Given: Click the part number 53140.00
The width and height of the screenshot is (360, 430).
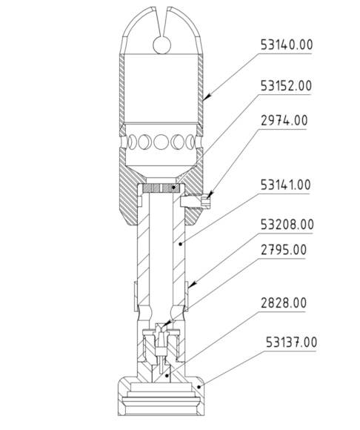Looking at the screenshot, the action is tap(287, 44).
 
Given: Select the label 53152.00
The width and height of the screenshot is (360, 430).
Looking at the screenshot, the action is tap(286, 86).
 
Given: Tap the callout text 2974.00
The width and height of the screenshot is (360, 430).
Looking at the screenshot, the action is tap(284, 120).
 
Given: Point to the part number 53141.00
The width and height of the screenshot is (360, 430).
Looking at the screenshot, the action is tap(285, 185).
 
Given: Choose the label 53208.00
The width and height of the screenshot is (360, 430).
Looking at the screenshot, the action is tap(287, 225).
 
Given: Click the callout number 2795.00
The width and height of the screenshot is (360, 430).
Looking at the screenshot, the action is tap(284, 250).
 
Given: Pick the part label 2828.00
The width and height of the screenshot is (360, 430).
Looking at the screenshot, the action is tap(284, 303).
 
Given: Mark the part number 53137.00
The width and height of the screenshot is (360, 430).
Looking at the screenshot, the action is tap(292, 343).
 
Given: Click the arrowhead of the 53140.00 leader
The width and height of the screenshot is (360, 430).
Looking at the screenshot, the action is tap(207, 97).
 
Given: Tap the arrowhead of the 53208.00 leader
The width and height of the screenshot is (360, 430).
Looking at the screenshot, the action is tap(192, 285).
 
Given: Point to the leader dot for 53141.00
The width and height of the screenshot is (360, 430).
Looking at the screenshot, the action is tap(180, 243).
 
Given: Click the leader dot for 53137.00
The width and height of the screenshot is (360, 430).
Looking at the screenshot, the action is tap(199, 387).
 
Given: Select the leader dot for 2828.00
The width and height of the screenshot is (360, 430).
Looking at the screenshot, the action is tap(167, 375).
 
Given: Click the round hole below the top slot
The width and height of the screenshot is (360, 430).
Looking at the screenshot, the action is tap(162, 45).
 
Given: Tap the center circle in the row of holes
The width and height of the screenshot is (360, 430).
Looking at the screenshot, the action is tap(161, 142).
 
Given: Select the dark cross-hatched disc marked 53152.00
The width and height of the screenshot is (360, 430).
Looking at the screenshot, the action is tap(161, 188).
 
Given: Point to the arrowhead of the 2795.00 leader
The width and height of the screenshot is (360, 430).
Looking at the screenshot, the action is tap(164, 324).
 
